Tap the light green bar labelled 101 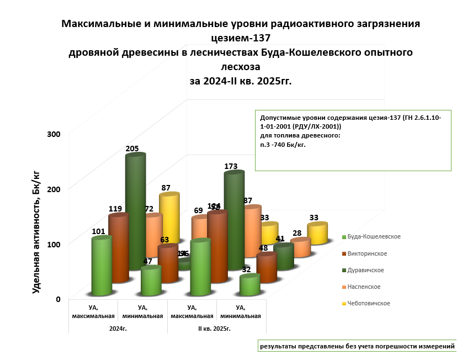point(102,265)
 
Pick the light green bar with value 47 point(151,280)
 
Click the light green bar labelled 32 point(249,285)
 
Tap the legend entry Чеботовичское point(369,303)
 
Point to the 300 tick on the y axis point(54,134)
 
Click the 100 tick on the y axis point(54,244)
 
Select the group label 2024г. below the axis point(117,329)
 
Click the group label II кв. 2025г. point(214,329)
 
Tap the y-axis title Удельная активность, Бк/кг point(36,232)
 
